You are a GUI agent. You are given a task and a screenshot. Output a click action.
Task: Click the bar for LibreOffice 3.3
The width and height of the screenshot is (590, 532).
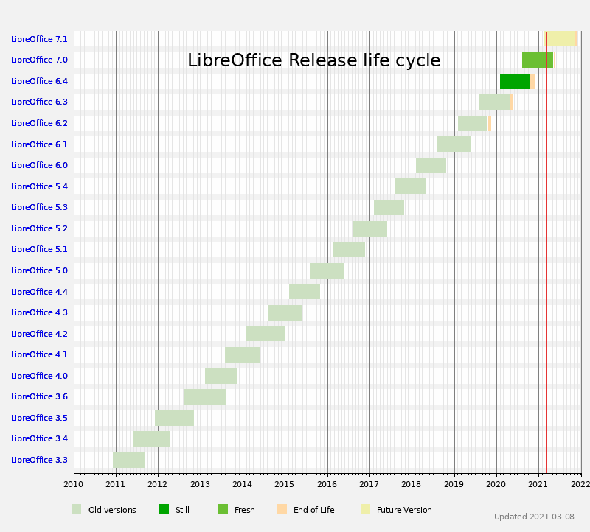point(129,460)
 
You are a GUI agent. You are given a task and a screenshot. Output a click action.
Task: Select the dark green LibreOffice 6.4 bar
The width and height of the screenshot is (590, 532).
point(515,81)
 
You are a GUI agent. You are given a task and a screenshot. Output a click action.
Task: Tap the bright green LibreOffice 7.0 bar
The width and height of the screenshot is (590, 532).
point(538,60)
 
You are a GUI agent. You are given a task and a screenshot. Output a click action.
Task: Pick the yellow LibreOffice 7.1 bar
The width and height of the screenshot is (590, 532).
point(560,38)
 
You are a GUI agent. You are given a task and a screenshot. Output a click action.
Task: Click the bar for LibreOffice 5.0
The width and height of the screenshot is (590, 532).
point(327,270)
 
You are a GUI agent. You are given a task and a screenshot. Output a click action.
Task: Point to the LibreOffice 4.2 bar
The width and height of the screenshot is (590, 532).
point(265,333)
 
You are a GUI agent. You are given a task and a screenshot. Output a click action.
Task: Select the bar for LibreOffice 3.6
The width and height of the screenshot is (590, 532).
point(205,396)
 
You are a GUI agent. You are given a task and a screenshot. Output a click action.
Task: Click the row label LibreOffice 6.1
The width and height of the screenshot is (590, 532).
point(39,144)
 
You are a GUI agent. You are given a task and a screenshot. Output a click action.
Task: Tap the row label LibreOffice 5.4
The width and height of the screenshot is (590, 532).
point(39,186)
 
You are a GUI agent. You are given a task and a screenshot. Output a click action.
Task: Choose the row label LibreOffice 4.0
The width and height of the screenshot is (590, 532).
point(39,376)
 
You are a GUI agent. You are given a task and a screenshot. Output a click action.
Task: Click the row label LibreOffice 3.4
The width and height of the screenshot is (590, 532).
point(39,438)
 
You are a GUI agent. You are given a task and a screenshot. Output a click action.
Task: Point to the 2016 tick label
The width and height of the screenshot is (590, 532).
point(327,484)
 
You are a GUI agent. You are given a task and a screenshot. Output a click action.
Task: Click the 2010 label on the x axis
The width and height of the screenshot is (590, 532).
point(74,484)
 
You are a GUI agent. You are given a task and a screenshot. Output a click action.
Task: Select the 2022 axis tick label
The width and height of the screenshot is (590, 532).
point(580,484)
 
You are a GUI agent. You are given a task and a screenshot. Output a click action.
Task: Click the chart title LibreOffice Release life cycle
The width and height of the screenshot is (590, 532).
point(313,60)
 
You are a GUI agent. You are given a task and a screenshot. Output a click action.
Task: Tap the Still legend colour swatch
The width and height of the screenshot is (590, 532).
point(164,509)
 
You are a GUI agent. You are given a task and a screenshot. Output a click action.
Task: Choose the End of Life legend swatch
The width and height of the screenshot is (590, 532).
point(282,509)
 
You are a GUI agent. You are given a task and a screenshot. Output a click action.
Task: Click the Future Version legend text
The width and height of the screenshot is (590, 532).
point(404,510)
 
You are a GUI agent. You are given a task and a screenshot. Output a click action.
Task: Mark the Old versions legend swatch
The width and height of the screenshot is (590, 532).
point(77,509)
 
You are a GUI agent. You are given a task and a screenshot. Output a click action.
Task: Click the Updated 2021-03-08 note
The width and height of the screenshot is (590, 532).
point(534,517)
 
